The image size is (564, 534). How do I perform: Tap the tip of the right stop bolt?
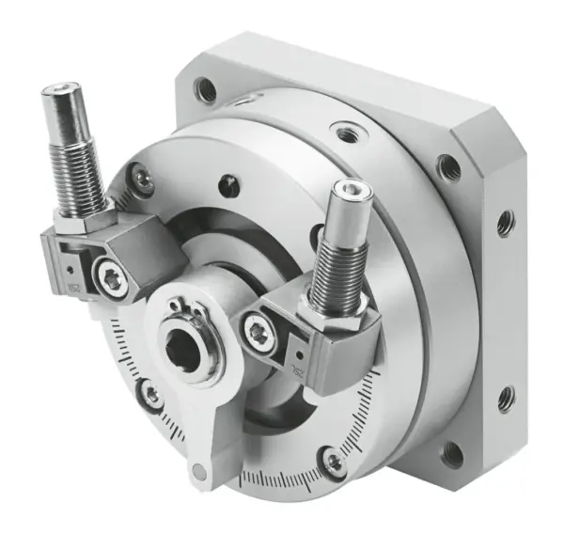click(358, 193)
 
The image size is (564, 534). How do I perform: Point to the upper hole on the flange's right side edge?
click(506, 223)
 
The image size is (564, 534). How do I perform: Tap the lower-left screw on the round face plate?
click(151, 396)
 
